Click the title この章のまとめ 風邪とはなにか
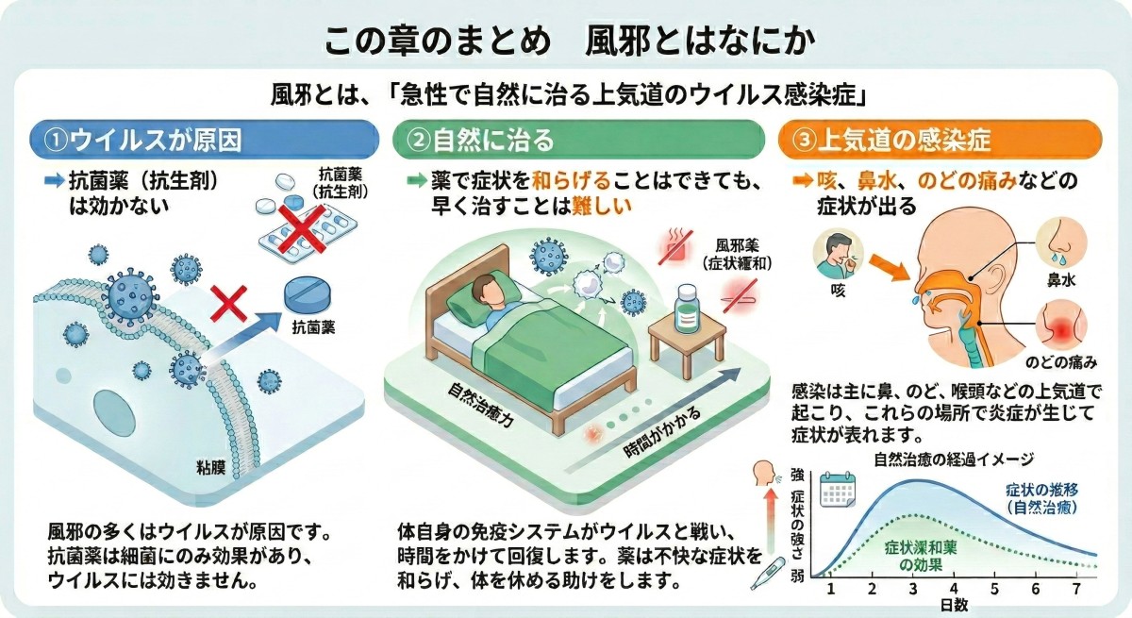tap(565, 42)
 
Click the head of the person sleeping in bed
tap(482, 284)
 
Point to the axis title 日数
tap(953, 605)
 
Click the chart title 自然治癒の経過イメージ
tap(954, 460)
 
